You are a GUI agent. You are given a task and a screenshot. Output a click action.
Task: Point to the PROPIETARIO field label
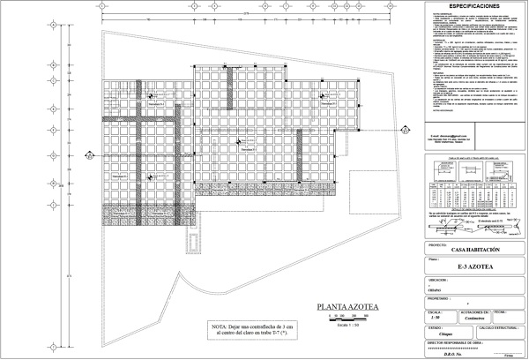coord(443,298)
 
